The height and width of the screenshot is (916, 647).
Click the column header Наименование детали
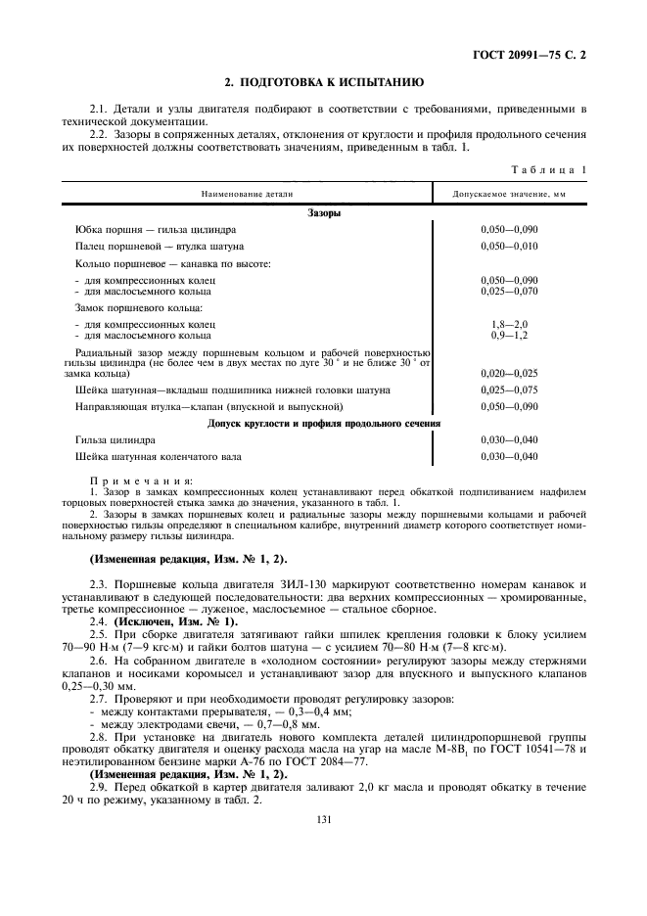click(248, 195)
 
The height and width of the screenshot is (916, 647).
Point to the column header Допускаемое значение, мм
click(508, 195)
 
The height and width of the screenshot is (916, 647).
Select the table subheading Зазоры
click(323, 212)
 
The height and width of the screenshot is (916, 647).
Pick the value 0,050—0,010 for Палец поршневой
click(509, 246)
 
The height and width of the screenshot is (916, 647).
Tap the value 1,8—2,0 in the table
click(509, 324)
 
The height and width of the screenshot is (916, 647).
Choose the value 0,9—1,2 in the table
click(509, 335)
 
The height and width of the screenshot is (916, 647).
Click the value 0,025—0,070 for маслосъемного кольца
click(509, 291)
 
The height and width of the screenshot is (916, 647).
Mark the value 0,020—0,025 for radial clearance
click(509, 374)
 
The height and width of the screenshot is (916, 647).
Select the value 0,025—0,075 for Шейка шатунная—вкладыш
click(509, 390)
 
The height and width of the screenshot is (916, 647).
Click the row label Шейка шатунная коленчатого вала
click(161, 457)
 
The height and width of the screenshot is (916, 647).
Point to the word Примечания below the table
click(128, 481)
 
